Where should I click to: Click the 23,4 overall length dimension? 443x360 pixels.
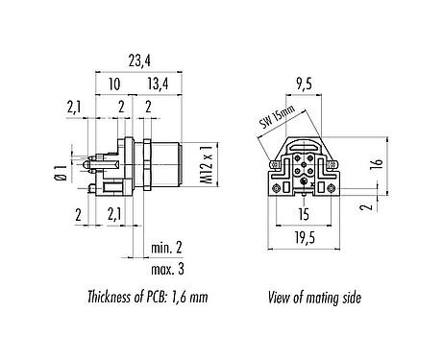[x=139, y=60]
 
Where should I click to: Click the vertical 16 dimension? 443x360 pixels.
[x=380, y=164]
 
